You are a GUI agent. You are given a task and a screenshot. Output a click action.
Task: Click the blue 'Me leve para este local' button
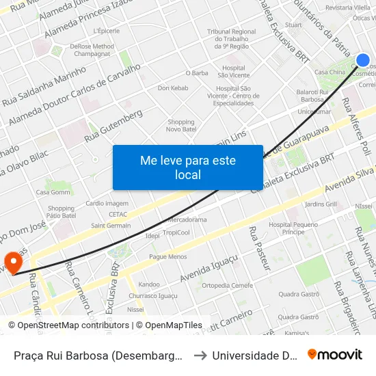pos(187,167)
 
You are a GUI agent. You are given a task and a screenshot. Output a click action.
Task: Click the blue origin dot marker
pos(363,60)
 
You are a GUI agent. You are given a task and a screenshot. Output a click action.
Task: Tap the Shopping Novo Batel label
pos(180,126)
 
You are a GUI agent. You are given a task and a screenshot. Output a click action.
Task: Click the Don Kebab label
pos(172,88)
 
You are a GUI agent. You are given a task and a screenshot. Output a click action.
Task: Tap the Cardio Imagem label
pos(107,204)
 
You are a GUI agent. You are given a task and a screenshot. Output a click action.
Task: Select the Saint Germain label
pos(110,225)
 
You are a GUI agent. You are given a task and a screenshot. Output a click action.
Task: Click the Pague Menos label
pos(167,256)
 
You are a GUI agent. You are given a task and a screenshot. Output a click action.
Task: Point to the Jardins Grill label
pos(321,204)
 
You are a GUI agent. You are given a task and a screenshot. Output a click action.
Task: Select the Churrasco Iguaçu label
pos(148,295)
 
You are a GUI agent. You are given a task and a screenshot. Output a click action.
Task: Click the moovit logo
pos(335,354)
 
